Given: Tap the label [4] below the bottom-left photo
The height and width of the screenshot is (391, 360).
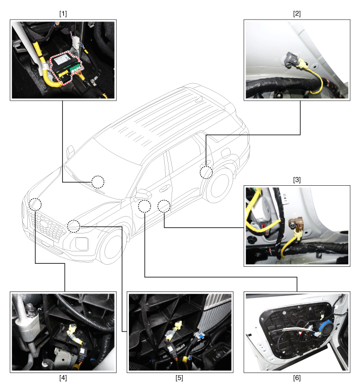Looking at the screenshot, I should (x=63, y=379).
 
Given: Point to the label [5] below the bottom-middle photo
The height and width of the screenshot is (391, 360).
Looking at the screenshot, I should (x=180, y=379).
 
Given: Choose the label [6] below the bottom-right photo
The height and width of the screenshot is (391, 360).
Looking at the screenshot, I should (x=296, y=379).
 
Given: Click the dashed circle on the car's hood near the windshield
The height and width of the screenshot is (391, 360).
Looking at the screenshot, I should (x=98, y=182).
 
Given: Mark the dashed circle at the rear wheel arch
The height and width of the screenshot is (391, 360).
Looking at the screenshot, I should (x=206, y=172).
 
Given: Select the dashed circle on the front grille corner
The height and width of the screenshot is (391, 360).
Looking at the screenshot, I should (x=35, y=204).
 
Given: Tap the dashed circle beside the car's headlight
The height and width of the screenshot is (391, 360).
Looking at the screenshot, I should (x=73, y=225).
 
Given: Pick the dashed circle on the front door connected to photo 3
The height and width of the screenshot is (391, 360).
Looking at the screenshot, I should (x=163, y=206).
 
